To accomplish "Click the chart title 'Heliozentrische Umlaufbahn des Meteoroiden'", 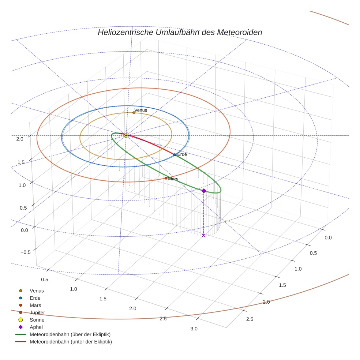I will coord(180,33).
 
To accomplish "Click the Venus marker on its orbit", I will coord(134,113).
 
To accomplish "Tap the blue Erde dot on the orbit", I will coord(175,155).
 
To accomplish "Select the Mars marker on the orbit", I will coord(166,178).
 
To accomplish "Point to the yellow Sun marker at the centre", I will coord(126,136).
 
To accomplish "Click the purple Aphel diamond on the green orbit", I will coord(204,191).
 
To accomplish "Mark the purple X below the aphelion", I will coord(204,235).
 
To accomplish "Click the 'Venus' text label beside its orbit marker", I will coord(140,110).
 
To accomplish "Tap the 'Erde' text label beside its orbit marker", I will coord(182,154).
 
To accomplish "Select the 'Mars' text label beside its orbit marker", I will coord(173,179).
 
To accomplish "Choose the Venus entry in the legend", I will coord(37,291).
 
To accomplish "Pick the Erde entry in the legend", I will coord(35,298).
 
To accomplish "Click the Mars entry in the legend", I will coord(35,305).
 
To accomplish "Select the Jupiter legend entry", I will coord(37,312).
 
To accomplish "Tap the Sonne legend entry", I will coord(37,320).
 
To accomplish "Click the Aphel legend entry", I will coord(36,327).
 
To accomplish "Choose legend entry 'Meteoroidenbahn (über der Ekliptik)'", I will coord(70,334).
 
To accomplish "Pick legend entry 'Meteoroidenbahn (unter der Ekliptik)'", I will coord(71,342).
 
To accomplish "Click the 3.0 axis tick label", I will coord(194,329).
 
